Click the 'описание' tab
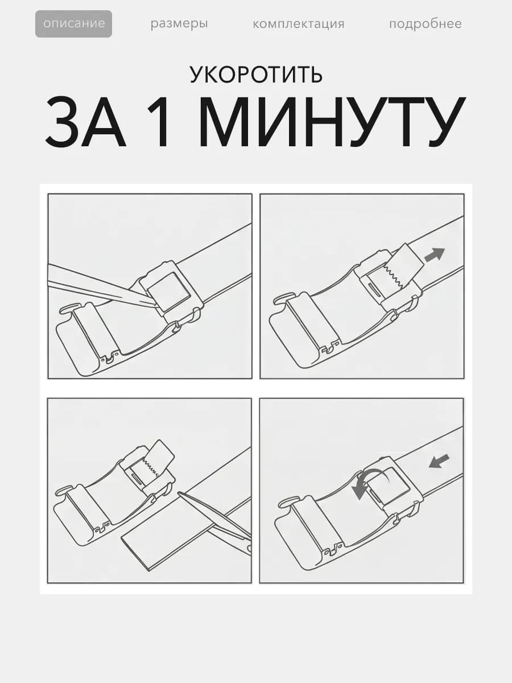pos(74,24)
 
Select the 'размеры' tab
pos(179,24)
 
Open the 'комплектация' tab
pos(299,24)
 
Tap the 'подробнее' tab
pos(426,24)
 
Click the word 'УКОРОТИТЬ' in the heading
pos(256,75)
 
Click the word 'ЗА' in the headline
pos(86,122)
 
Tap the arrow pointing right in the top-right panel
pos(435,254)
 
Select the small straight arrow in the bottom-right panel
pos(439,462)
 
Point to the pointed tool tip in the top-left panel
pos(153,305)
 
